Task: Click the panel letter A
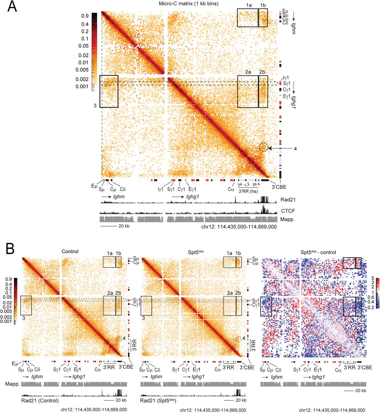[12, 6]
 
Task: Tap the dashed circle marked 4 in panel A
[263, 147]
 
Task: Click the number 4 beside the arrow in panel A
[295, 149]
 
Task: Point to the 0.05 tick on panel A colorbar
[85, 46]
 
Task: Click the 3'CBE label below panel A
[278, 187]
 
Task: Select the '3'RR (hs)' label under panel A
[248, 191]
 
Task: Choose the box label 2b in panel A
[262, 72]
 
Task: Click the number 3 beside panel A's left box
[95, 106]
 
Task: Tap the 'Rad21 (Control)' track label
[40, 401]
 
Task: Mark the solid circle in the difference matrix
[359, 340]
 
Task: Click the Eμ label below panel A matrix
[94, 186]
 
